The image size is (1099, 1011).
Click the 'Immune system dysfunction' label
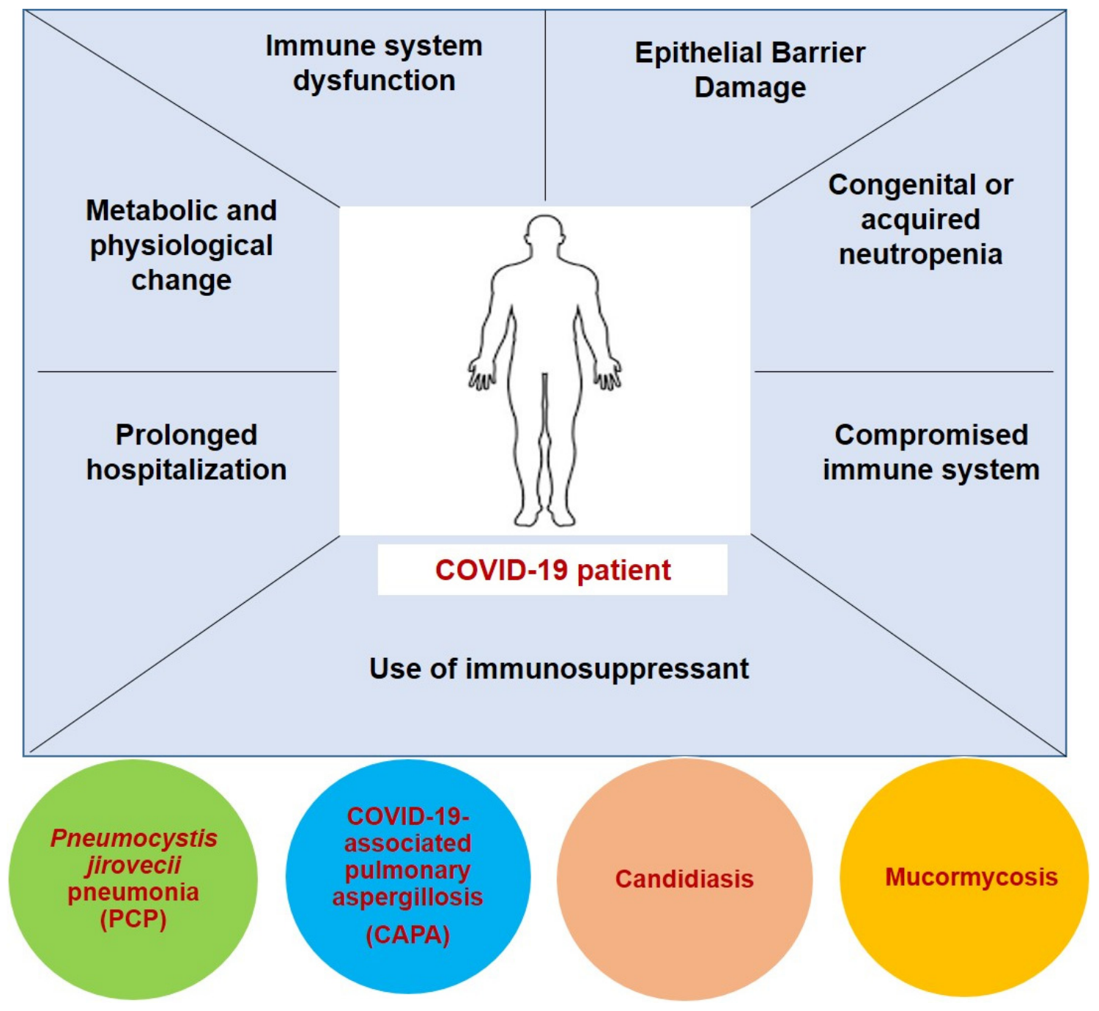[374, 63]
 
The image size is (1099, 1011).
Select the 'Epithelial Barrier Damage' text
[750, 70]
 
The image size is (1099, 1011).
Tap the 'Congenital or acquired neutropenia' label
[920, 219]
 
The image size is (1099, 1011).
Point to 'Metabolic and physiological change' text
[182, 245]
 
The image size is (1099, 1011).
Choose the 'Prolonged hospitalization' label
[186, 452]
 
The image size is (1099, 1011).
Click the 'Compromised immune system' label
[930, 452]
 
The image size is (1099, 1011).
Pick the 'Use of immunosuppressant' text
[559, 669]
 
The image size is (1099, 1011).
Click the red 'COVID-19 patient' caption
[552, 570]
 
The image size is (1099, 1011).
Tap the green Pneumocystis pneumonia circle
[133, 879]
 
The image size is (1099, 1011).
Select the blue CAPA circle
[408, 877]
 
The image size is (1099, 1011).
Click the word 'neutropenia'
[920, 254]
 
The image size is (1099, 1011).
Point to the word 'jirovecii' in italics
[133, 865]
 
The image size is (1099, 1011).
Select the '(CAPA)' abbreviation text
[408, 935]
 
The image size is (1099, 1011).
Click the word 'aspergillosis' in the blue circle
[408, 897]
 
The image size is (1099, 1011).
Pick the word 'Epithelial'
[694, 53]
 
